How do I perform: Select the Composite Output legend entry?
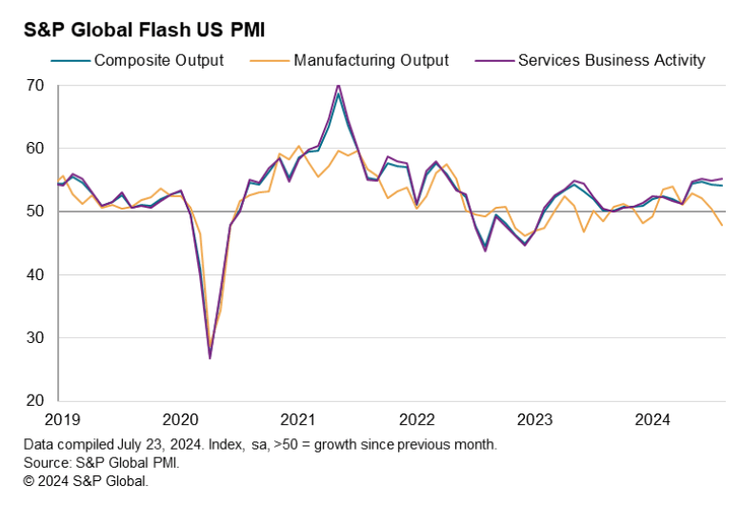click(158, 60)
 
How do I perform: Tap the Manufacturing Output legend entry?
click(371, 60)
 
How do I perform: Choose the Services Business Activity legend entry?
click(611, 60)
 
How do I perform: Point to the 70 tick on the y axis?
click(35, 86)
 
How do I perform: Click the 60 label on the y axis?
click(35, 149)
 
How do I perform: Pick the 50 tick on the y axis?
click(35, 212)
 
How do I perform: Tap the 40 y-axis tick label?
click(35, 274)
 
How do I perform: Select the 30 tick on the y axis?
click(35, 337)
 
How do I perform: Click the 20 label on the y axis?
click(35, 400)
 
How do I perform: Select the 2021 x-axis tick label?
click(297, 419)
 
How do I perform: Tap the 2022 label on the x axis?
click(416, 419)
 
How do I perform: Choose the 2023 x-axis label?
click(535, 419)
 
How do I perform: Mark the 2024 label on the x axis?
click(653, 419)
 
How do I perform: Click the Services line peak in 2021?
click(338, 85)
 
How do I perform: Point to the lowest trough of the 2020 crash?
click(210, 358)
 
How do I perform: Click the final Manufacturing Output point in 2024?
click(723, 226)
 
